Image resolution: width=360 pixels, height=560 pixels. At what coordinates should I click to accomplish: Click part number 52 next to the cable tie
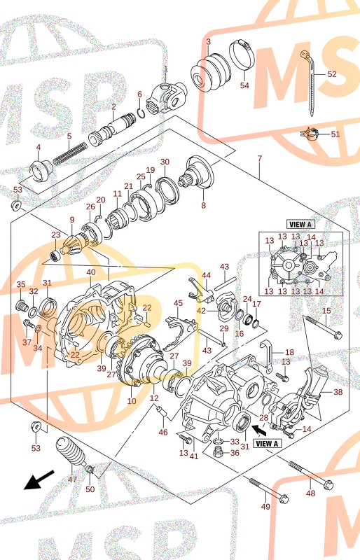coord(332,74)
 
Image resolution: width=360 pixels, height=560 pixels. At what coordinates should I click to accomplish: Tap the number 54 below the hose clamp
coord(244,85)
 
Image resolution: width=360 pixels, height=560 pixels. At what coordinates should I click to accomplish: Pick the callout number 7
coord(260,158)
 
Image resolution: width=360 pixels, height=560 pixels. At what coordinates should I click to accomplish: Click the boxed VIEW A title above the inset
coord(300,225)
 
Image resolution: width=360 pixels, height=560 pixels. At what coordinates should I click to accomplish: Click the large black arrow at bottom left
coord(39,479)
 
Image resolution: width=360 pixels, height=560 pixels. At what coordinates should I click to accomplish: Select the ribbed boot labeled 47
coord(71,451)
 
